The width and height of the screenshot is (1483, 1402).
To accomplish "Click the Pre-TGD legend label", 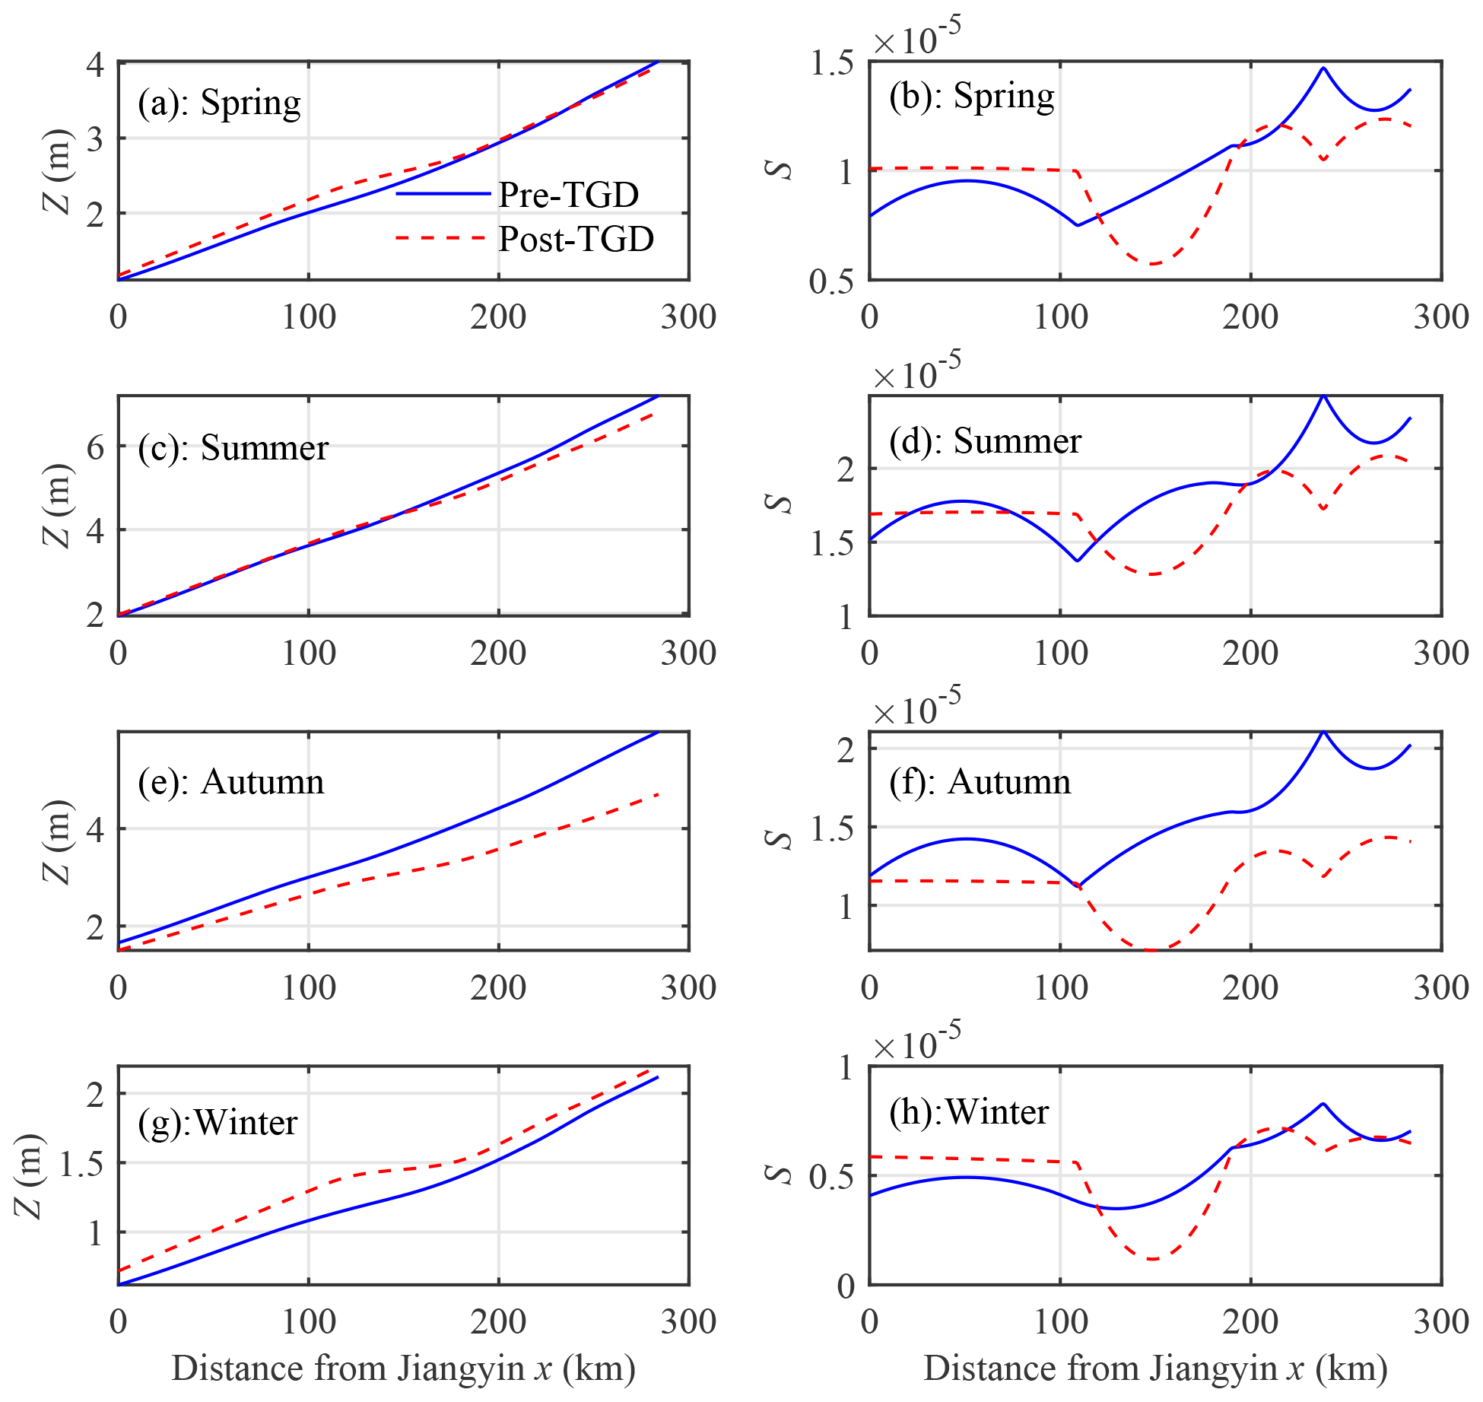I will tap(568, 195).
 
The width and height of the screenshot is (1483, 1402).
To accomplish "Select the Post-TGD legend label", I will tap(576, 239).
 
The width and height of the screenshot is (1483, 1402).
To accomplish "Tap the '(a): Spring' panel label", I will tap(219, 103).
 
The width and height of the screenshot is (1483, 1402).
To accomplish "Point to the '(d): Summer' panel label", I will tap(985, 441).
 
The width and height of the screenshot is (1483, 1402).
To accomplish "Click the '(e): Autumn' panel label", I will tap(230, 782).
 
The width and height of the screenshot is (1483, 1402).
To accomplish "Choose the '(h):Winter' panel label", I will tap(968, 1112).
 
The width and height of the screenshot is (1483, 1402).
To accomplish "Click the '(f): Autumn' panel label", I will tap(980, 782).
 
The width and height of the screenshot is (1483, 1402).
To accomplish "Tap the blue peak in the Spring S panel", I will tap(1323, 68).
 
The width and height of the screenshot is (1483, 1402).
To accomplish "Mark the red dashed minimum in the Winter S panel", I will tap(1153, 1259).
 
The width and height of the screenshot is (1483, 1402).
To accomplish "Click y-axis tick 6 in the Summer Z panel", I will tap(95, 447).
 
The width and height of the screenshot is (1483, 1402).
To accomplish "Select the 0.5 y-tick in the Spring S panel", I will tap(831, 281).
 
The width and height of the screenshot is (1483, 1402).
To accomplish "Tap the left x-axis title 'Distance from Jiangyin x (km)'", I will tap(403, 1368).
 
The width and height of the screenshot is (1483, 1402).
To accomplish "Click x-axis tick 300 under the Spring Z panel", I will tap(688, 316).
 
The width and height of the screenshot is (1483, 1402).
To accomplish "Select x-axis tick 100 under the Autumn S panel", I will tap(1060, 987).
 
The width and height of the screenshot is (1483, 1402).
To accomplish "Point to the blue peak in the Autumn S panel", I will tap(1323, 732).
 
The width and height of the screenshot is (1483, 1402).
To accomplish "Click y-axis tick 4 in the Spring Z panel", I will tap(95, 64).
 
